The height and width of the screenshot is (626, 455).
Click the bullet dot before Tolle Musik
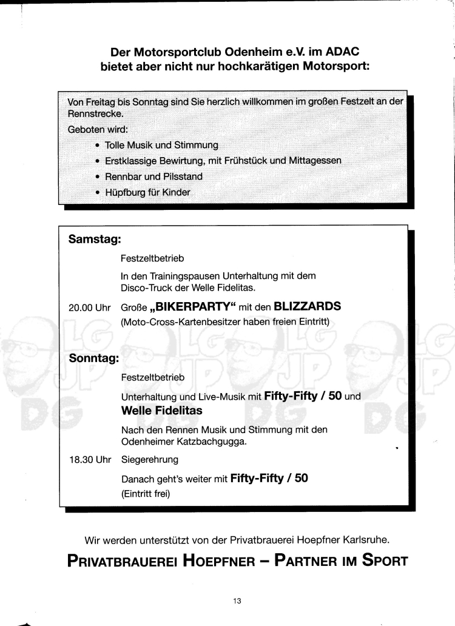coord(98,146)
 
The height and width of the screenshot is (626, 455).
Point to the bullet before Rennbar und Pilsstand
coord(98,177)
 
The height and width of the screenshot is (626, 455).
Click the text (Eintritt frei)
coord(146,493)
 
